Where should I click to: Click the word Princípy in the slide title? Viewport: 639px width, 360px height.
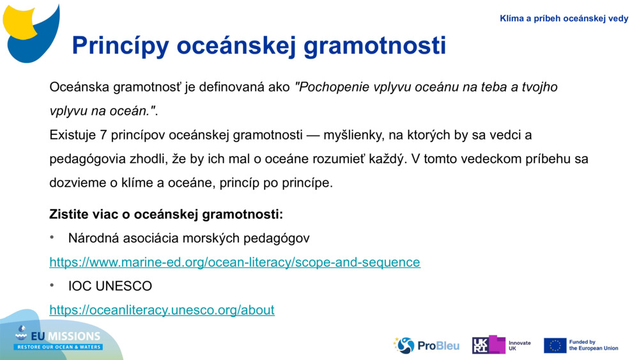[x=119, y=45]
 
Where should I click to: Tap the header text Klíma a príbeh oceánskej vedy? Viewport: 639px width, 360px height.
[x=564, y=19]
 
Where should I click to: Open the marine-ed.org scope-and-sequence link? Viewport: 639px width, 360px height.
[x=235, y=262]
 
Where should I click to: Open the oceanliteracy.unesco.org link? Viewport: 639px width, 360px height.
[x=162, y=310]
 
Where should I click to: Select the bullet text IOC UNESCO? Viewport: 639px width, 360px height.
[x=110, y=286]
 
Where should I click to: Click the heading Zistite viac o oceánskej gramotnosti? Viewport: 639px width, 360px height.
[x=166, y=214]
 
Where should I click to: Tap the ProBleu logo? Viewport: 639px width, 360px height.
[x=426, y=345]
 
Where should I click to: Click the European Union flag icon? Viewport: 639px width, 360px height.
[x=555, y=345]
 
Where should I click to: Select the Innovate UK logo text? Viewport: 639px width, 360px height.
[x=519, y=345]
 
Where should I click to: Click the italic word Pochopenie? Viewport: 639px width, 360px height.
[x=332, y=87]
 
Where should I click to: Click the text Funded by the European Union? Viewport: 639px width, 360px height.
[x=593, y=345]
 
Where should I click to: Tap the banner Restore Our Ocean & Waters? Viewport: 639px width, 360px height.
[x=59, y=347]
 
